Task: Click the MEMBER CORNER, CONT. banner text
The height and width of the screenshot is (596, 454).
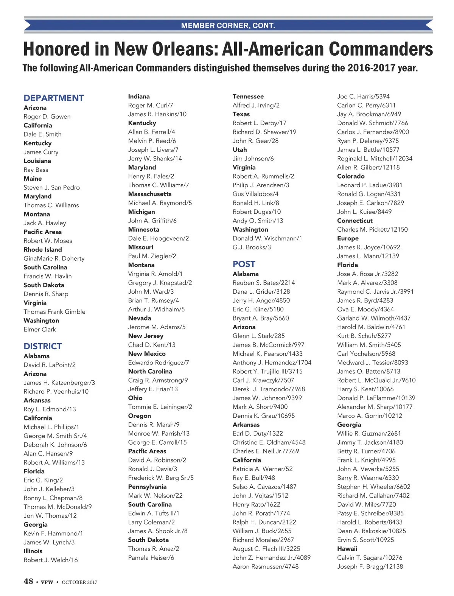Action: [x=228, y=26]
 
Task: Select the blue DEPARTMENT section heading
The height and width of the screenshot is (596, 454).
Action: [x=54, y=98]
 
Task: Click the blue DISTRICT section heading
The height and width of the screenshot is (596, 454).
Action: [x=42, y=346]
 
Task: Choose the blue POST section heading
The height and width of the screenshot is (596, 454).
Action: [x=244, y=264]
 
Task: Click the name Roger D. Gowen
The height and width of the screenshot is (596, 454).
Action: [x=47, y=117]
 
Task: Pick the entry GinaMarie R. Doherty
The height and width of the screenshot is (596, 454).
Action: [x=54, y=258]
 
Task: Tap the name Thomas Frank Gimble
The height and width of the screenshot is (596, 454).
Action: [x=54, y=311]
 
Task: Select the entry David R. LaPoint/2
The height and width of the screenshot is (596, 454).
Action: [x=50, y=365]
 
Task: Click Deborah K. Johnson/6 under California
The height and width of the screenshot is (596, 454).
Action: [x=55, y=445]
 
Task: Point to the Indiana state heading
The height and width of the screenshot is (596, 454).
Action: [x=139, y=96]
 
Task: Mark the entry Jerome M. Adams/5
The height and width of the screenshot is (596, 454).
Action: [x=157, y=327]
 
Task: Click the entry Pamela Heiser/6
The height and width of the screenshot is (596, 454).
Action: [x=151, y=557]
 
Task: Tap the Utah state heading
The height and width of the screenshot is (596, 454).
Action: [x=239, y=149]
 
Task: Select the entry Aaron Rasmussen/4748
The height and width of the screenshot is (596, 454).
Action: [x=266, y=566]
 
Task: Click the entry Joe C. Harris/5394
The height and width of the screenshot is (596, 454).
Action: [x=363, y=96]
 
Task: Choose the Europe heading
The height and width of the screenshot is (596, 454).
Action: [x=348, y=238]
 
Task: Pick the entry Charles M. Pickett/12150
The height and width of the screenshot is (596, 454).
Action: [x=372, y=229]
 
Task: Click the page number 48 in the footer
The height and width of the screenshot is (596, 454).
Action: [x=28, y=581]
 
